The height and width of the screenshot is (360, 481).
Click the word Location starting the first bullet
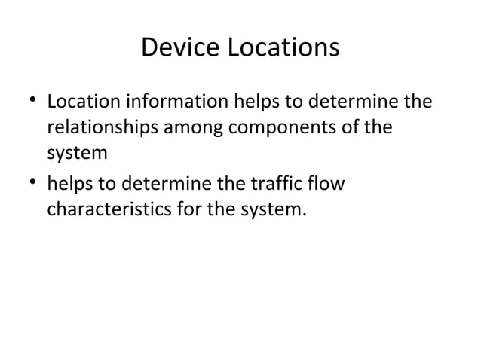[x=81, y=101]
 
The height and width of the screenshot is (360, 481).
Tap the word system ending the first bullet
[x=77, y=154]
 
